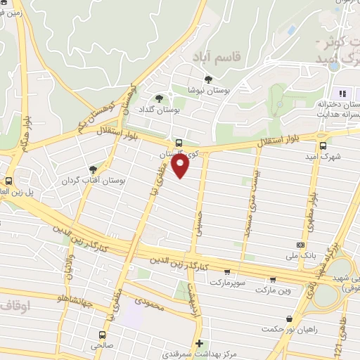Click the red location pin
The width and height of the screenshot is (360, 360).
tap(181, 167)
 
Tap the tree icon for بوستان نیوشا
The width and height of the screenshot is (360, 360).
tap(208, 79)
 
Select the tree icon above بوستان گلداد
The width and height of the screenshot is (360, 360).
tap(162, 99)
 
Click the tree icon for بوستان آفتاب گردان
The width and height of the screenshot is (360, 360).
tap(93, 169)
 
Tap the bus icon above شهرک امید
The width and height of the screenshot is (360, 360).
tap(322, 146)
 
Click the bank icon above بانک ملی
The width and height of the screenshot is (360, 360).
tap(301, 245)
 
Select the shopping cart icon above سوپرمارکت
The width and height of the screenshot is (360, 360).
tap(226, 271)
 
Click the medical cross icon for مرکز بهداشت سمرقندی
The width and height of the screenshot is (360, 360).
tap(200, 344)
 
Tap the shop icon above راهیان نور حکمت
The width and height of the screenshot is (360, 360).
tap(289, 319)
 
